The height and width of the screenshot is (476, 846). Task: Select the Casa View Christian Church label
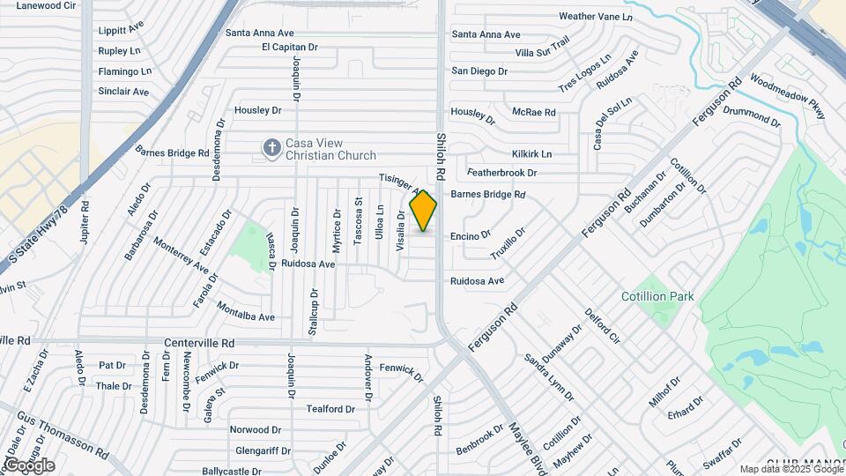pyautogui.click(x=326, y=150)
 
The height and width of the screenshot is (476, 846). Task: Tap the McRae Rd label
pyautogui.click(x=534, y=113)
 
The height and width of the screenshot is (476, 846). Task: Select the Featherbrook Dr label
pyautogui.click(x=501, y=173)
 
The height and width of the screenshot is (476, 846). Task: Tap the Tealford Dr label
pyautogui.click(x=330, y=409)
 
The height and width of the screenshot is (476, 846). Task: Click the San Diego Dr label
pyautogui.click(x=479, y=71)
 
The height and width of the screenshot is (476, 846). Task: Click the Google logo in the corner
pyautogui.click(x=28, y=465)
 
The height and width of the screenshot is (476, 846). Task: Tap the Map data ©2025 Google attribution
pyautogui.click(x=790, y=470)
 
